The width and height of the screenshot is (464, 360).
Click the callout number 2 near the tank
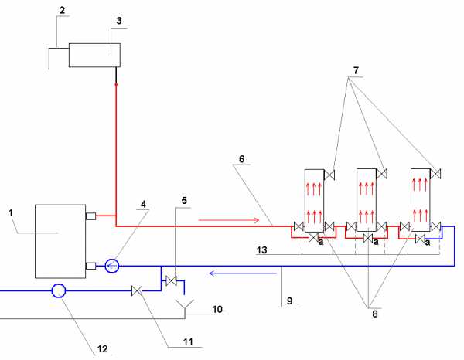click(x=63, y=11)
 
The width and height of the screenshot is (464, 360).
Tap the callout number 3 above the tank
click(x=118, y=20)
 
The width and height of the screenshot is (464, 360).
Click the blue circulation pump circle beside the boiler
click(x=110, y=267)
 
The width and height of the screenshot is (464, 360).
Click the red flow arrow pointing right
click(x=229, y=219)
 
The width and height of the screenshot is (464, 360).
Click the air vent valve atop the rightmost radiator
click(x=436, y=172)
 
